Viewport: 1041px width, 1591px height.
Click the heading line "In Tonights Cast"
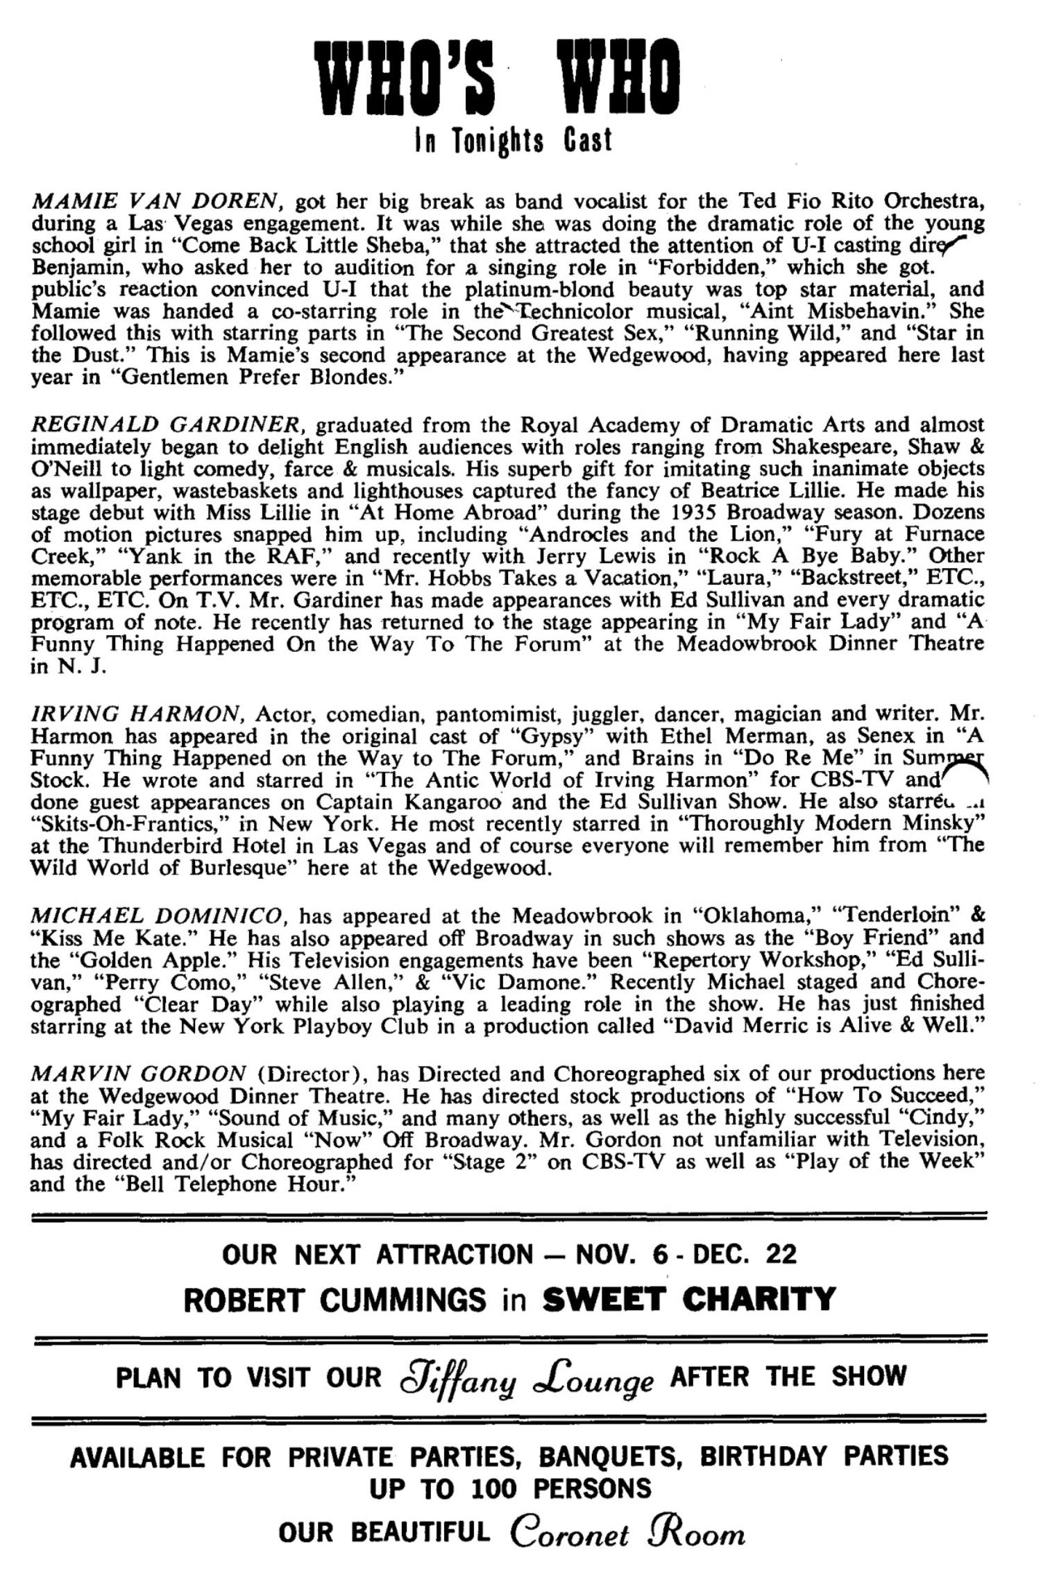pos(513,141)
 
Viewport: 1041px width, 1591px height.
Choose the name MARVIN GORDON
pos(138,1074)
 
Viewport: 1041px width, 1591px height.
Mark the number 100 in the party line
pos(493,1488)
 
